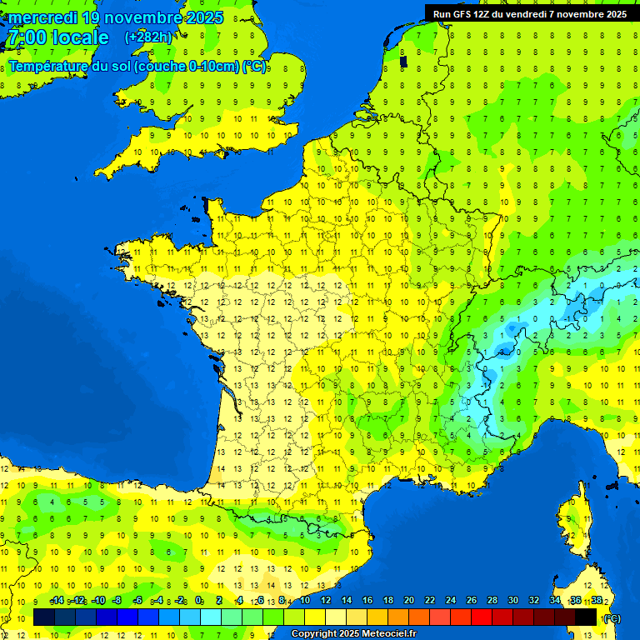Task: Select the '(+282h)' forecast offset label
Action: click(x=148, y=37)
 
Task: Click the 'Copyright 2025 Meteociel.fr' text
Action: click(x=353, y=634)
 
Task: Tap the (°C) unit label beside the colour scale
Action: click(x=611, y=618)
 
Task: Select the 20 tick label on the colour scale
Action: click(x=408, y=600)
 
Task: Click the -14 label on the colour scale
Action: click(x=57, y=600)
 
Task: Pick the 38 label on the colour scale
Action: click(x=597, y=600)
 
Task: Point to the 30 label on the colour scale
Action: click(x=513, y=600)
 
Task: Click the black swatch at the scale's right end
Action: click(x=587, y=617)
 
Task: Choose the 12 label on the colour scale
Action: click(x=325, y=600)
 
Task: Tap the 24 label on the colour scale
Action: click(x=451, y=600)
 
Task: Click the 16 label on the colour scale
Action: click(x=367, y=600)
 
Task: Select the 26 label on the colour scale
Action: click(x=472, y=600)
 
